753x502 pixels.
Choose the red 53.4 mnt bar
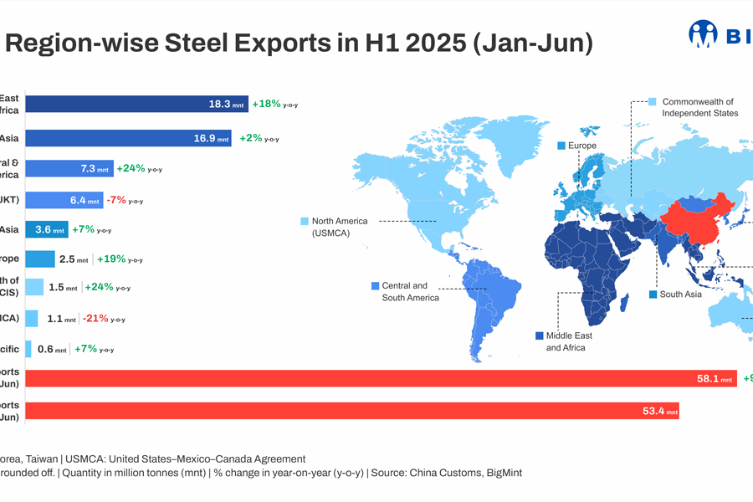351,411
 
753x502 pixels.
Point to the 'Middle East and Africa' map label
569,341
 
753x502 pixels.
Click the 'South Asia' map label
680,295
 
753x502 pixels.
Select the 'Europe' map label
581,146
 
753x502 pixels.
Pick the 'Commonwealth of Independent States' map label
699,107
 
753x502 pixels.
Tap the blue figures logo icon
703,33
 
